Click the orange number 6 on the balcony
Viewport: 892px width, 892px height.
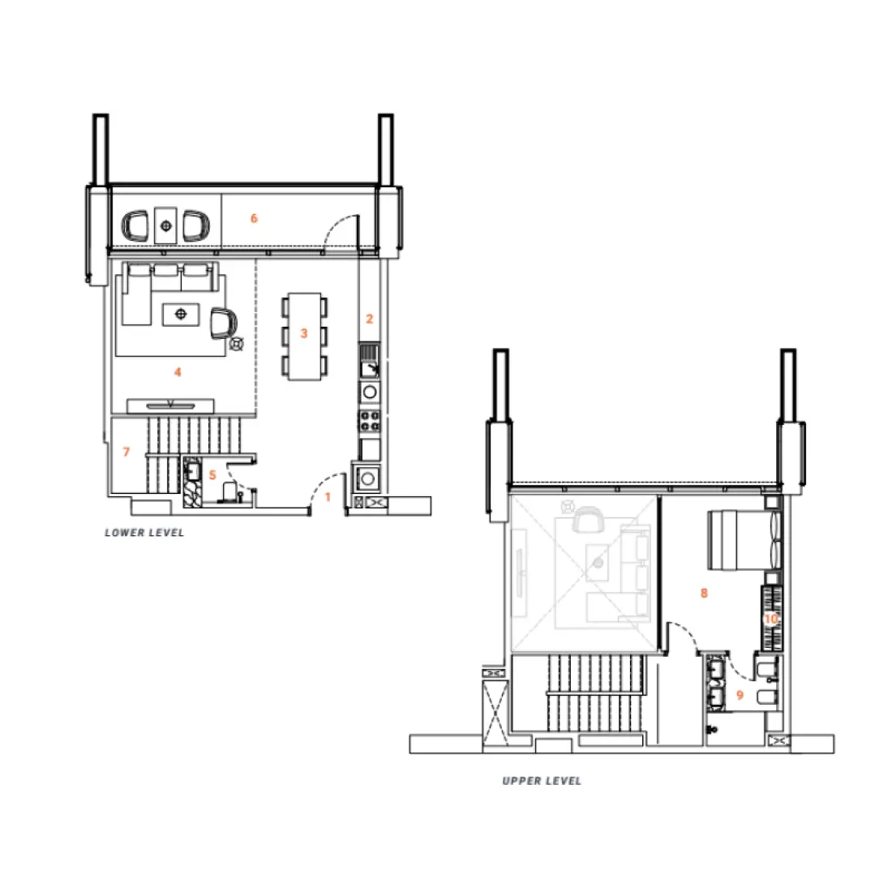pos(254,218)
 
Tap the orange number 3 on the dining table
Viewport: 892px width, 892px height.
pos(304,333)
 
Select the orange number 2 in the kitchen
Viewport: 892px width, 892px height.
pos(370,319)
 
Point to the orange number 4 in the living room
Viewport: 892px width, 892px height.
pos(178,372)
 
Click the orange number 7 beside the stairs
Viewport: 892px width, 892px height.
pos(127,452)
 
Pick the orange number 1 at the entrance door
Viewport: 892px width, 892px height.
pos(328,496)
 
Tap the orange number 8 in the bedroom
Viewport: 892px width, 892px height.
pos(704,593)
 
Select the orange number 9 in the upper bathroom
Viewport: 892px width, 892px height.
pos(740,695)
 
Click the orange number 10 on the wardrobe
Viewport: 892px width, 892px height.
pos(771,619)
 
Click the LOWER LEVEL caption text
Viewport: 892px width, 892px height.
pos(144,533)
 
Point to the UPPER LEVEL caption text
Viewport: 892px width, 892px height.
pos(542,781)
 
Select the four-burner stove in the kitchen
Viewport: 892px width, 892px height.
pos(370,421)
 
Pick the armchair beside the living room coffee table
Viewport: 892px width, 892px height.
pos(221,324)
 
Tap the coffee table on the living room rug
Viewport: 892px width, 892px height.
pos(180,313)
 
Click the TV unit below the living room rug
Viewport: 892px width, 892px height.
pos(170,405)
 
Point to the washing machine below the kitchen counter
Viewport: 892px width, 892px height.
pos(369,477)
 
